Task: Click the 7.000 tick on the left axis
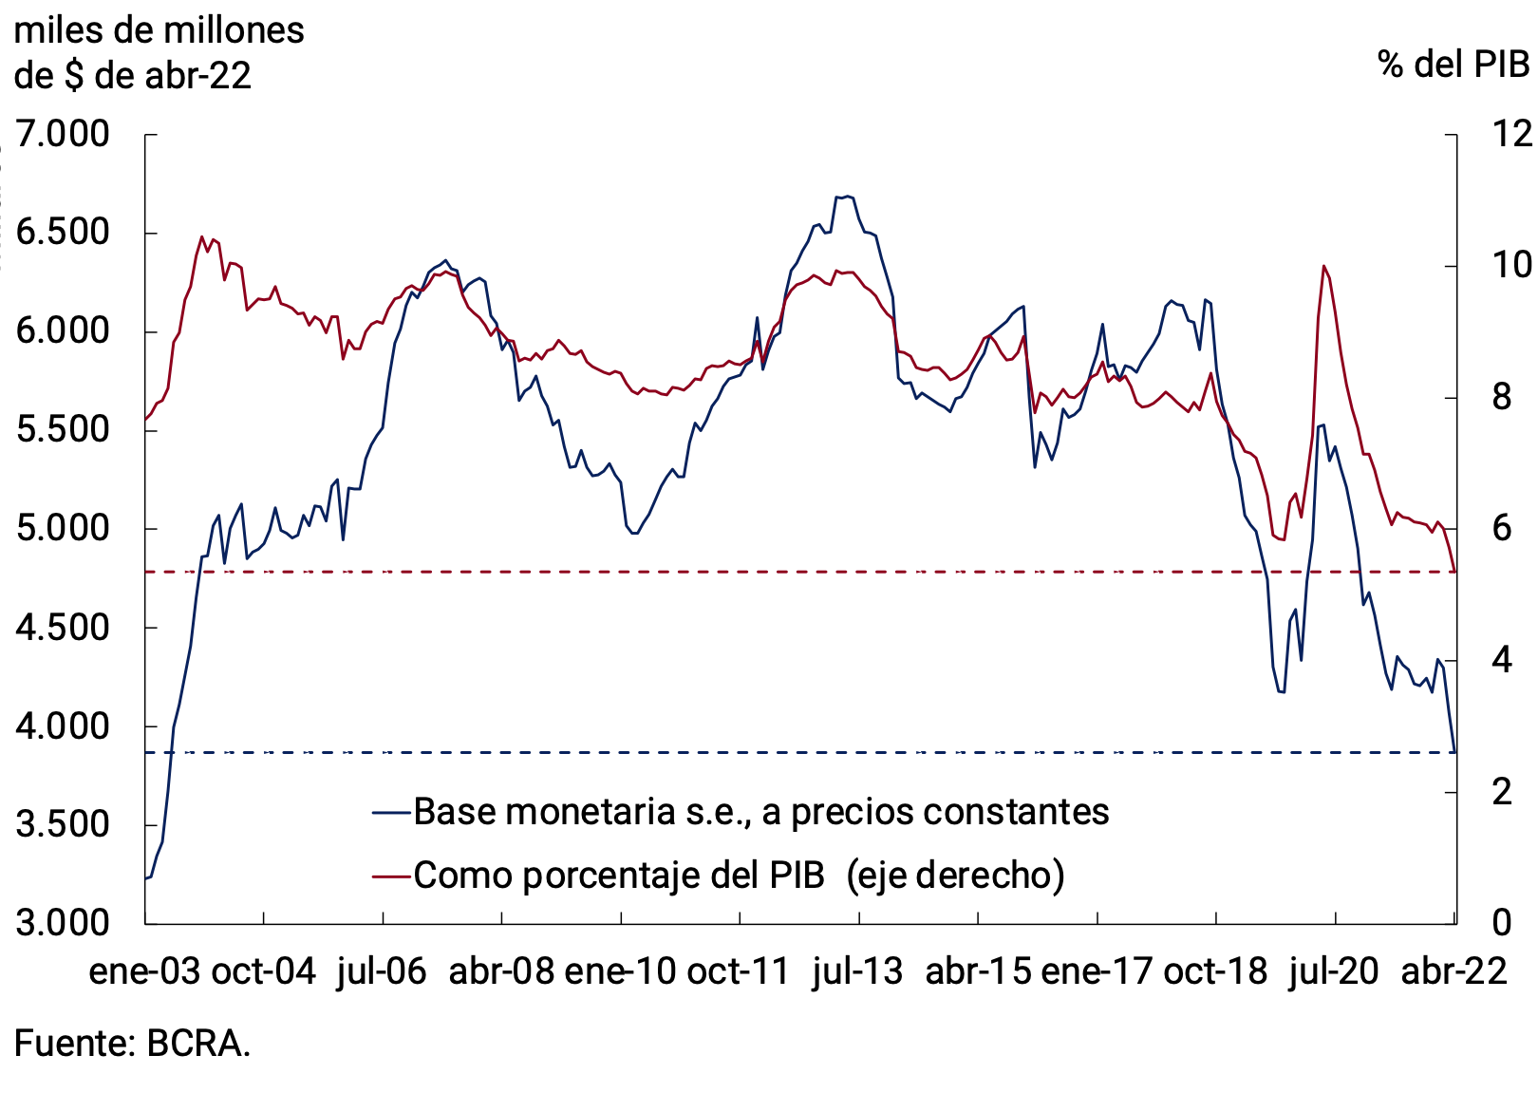[63, 134]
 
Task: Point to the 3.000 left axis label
[63, 922]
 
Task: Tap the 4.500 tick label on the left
[63, 627]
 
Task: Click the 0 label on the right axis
[1501, 922]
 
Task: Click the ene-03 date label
[144, 971]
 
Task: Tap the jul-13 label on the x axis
[857, 971]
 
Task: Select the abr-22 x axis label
[1454, 971]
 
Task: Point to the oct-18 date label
[1215, 971]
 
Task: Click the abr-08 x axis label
[500, 971]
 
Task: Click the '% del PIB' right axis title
[1453, 64]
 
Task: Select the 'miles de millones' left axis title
[159, 30]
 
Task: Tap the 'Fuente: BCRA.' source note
[132, 1043]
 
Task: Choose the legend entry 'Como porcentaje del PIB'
[619, 875]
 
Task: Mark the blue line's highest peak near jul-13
[846, 197]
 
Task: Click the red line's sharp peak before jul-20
[1323, 266]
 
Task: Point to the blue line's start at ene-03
[146, 878]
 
